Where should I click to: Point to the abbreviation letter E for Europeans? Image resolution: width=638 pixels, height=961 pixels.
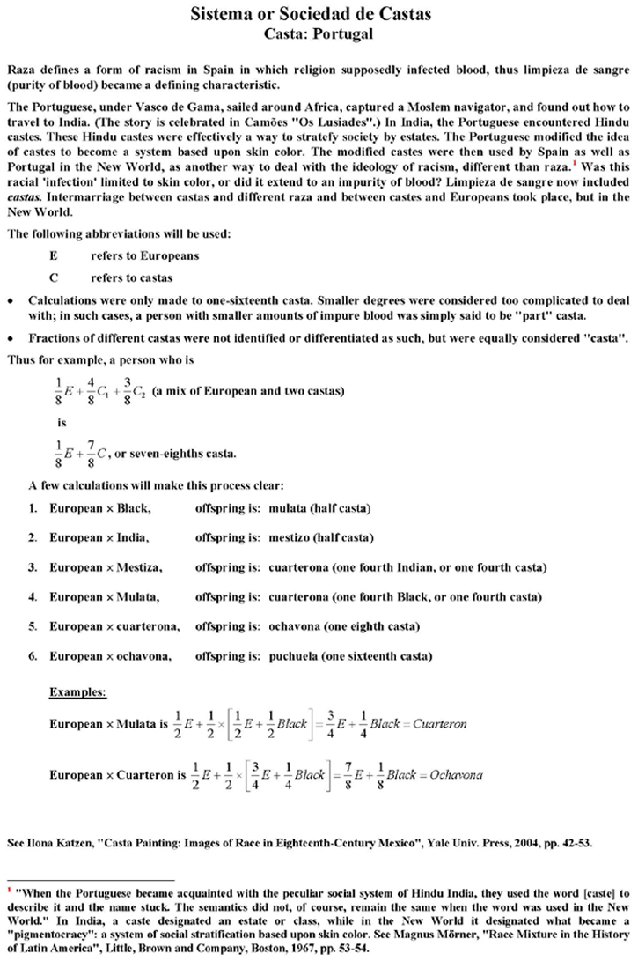(54, 256)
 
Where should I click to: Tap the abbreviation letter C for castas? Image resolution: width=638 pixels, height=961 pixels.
(54, 277)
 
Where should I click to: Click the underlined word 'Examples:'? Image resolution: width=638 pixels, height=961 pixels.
(77, 692)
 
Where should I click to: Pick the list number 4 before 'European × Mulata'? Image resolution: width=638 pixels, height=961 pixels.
(32, 597)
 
